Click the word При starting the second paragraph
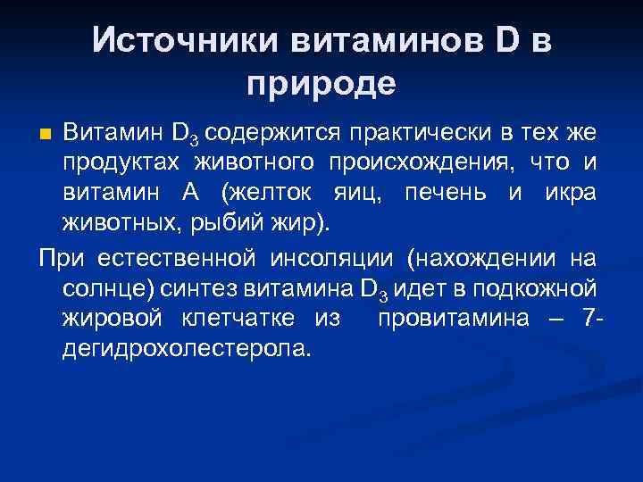click(60, 259)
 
